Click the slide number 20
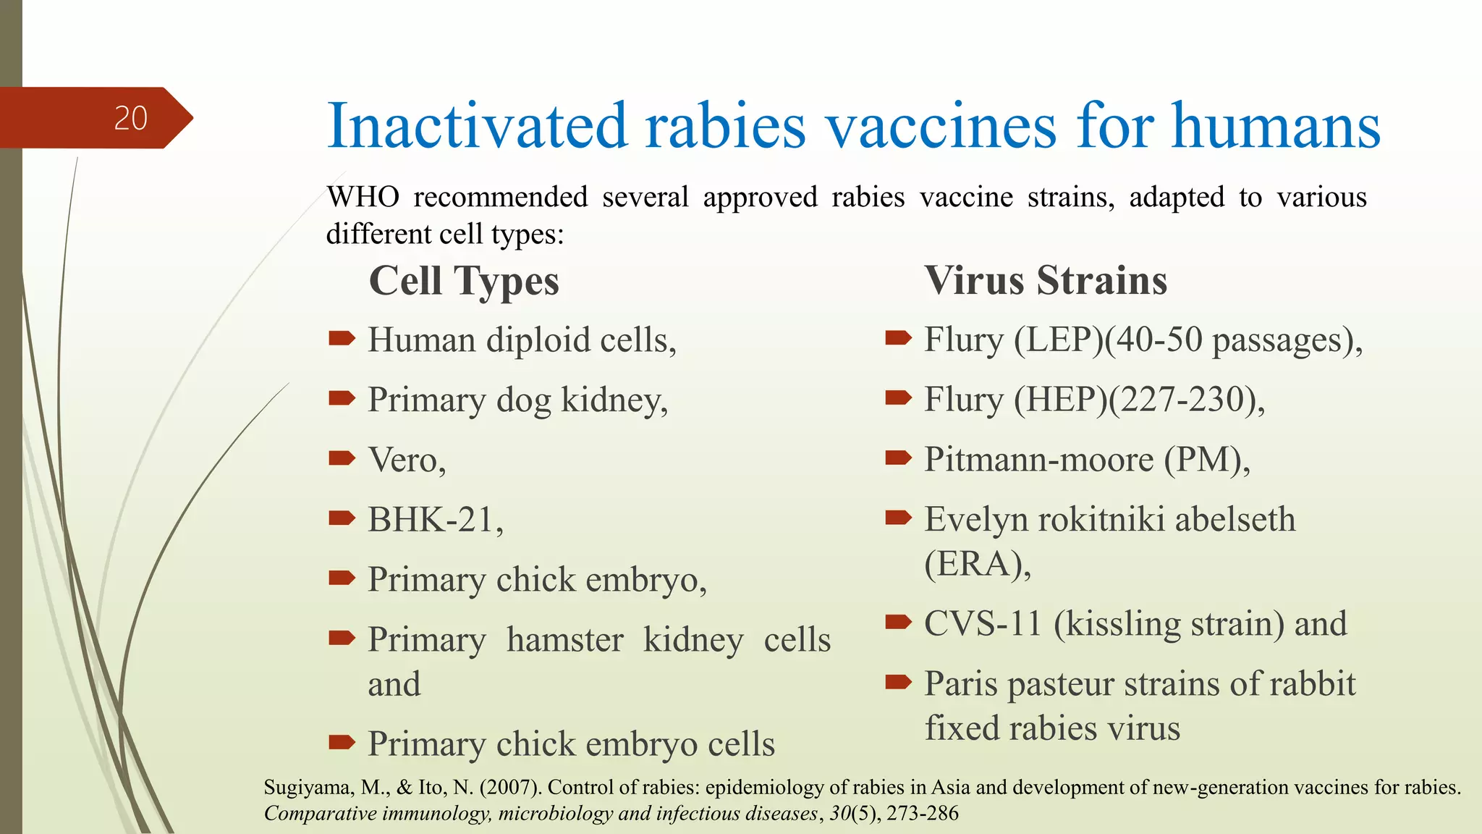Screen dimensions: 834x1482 click(x=131, y=118)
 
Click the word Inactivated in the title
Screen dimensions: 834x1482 click(x=476, y=127)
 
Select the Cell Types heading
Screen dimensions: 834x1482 click(x=464, y=281)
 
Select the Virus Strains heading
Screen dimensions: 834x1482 click(x=1046, y=280)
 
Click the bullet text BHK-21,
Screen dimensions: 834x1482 click(x=435, y=520)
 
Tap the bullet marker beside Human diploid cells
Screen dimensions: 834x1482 click(x=342, y=338)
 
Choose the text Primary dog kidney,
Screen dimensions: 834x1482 click(x=517, y=400)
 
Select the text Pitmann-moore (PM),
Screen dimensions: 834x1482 click(x=1087, y=460)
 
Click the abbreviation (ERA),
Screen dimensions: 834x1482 click(x=978, y=564)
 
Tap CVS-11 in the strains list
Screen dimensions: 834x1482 click(x=982, y=624)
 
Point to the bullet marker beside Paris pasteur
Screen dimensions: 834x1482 click(x=898, y=681)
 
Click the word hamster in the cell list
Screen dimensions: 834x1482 click(x=564, y=641)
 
